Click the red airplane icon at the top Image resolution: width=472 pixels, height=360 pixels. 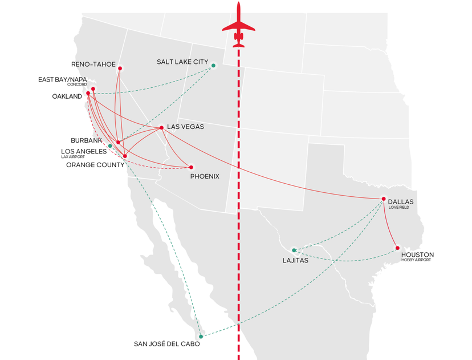tap(239, 25)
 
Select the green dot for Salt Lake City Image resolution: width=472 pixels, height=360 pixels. tap(214, 66)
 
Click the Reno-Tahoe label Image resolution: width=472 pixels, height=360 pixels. tap(93, 64)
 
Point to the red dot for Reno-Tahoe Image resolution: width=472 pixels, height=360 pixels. tap(120, 68)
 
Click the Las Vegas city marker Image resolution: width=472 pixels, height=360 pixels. tap(162, 127)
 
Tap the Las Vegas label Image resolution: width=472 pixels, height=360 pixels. tap(185, 127)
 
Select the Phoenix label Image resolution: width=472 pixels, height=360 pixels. tap(205, 176)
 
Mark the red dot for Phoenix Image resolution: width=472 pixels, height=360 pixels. tap(191, 167)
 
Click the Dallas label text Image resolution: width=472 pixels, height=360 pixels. tap(401, 201)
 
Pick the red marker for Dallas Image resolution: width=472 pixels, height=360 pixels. tap(384, 199)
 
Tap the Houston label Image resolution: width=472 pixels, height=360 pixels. tap(417, 254)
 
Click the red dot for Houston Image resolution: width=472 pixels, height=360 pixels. tap(397, 248)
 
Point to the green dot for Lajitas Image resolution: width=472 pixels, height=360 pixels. tap(294, 250)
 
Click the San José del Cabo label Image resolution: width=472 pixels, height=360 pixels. tap(166, 343)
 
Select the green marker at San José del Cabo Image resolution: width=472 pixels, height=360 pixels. tap(201, 337)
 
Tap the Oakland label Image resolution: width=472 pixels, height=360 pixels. tap(67, 96)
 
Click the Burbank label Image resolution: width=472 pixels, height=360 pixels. tap(87, 140)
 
